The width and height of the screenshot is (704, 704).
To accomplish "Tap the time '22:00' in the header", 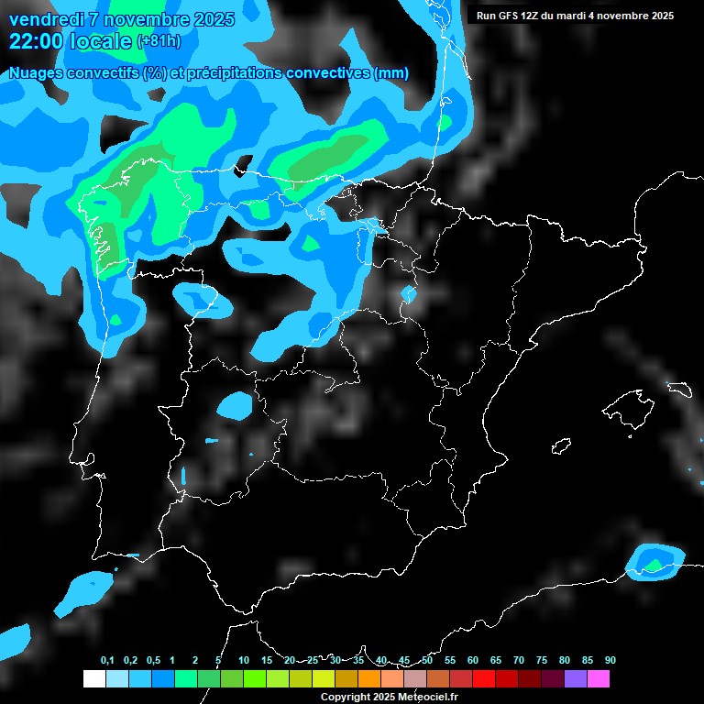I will tap(36, 41).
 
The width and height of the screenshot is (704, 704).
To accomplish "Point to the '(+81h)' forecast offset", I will tap(159, 42).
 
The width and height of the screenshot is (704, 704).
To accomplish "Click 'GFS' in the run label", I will tap(513, 16).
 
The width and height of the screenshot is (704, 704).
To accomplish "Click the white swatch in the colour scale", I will tap(93, 678).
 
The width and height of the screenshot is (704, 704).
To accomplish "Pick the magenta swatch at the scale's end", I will tap(599, 678).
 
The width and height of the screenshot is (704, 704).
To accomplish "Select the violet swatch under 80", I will tap(576, 678).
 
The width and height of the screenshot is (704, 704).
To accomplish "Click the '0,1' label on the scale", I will tap(107, 661).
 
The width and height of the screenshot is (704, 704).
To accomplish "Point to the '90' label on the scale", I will tap(610, 661).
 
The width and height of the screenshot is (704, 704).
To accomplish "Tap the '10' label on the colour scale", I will tap(244, 661).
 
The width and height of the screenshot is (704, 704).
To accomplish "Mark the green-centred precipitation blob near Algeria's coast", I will tap(654, 561).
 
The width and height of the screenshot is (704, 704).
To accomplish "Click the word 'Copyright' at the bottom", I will tap(346, 698).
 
